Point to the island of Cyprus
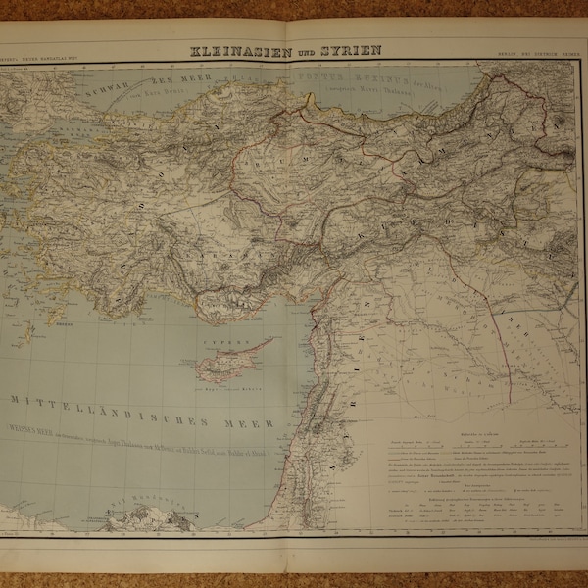click(x=231, y=362)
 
